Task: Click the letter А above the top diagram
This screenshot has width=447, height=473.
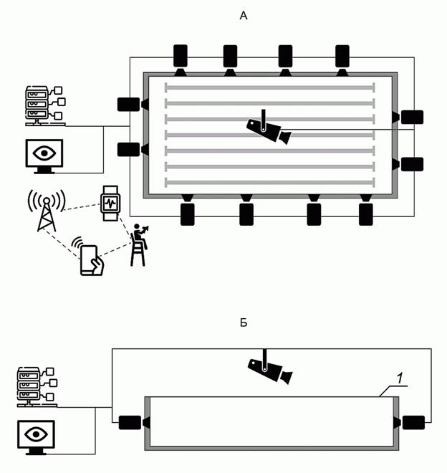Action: [x=243, y=15]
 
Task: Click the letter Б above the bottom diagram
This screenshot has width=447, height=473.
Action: [x=244, y=323]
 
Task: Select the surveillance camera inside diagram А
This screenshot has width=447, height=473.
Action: [x=269, y=129]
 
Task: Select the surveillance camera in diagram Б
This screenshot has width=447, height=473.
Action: [x=269, y=368]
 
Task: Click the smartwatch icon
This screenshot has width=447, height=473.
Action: [x=109, y=202]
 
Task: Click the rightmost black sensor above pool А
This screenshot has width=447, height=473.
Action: [x=342, y=55]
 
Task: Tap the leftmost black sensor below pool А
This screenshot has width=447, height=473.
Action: [x=188, y=214]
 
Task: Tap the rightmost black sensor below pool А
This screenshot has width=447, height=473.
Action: [x=366, y=214]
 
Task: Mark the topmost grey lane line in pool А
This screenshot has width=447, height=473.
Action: [x=269, y=87]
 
